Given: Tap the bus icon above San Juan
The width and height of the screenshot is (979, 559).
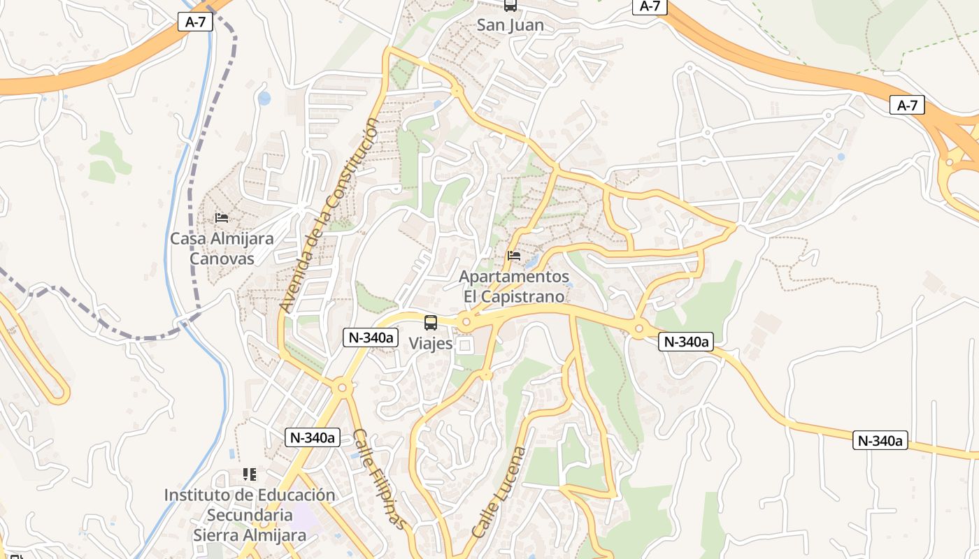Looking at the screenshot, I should click(510, 6).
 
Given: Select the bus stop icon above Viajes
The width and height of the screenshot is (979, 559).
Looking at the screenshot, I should click(431, 323).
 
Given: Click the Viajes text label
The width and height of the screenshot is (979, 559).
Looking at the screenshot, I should click(430, 344).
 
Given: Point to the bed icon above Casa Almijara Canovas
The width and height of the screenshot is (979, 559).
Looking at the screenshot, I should click(222, 218).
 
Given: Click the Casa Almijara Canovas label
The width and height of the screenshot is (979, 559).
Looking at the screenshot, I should click(222, 249).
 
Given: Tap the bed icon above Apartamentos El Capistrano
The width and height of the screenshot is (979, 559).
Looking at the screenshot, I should click(514, 256).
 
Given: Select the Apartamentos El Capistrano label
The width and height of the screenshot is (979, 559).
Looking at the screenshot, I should click(514, 286).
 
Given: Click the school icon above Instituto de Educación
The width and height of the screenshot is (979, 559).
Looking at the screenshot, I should click(250, 474).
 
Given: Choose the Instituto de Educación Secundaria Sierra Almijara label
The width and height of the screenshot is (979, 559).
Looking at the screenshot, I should click(250, 515).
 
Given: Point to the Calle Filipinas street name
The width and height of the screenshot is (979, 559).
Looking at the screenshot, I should click(378, 479).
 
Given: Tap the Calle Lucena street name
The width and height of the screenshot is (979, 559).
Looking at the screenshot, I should click(498, 492).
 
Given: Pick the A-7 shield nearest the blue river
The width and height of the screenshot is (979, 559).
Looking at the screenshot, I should click(195, 22).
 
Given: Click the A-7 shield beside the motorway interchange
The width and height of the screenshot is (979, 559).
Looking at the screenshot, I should click(907, 106).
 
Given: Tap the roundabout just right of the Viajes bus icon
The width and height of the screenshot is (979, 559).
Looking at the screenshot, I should click(466, 322).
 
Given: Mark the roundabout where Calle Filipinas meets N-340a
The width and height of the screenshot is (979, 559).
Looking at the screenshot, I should click(342, 386).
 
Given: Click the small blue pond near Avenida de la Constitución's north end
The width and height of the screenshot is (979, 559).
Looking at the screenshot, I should click(264, 98).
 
